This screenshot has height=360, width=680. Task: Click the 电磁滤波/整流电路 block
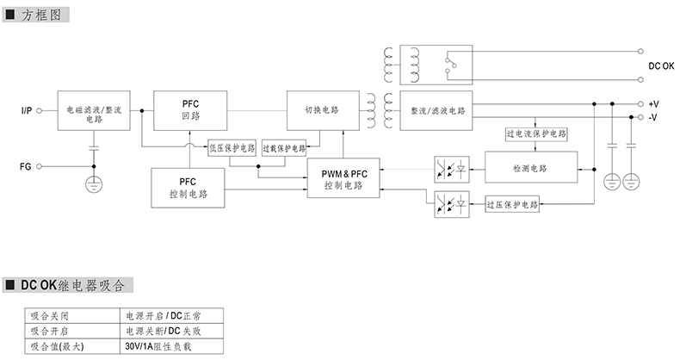coord(92,110)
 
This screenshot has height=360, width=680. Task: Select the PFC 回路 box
coord(190,110)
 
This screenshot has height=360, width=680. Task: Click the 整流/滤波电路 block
coord(437,110)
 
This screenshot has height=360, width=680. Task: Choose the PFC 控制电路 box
coord(189,189)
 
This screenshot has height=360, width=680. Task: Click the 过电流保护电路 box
coord(536,135)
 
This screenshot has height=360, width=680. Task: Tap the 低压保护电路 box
coord(232,147)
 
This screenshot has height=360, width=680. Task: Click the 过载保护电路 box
coord(284,147)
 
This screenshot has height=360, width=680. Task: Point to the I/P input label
coord(27,111)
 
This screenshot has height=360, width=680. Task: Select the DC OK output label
coord(661,65)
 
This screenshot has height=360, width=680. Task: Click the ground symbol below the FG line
coord(93,183)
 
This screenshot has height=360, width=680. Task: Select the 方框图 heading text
coord(40,16)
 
